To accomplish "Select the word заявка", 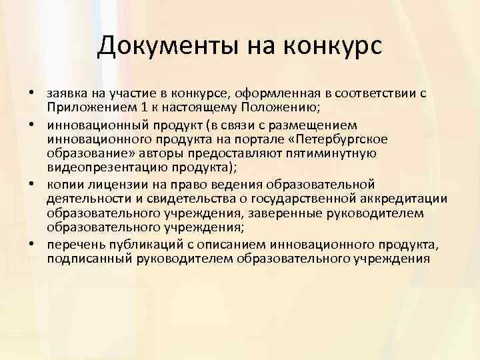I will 67,94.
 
